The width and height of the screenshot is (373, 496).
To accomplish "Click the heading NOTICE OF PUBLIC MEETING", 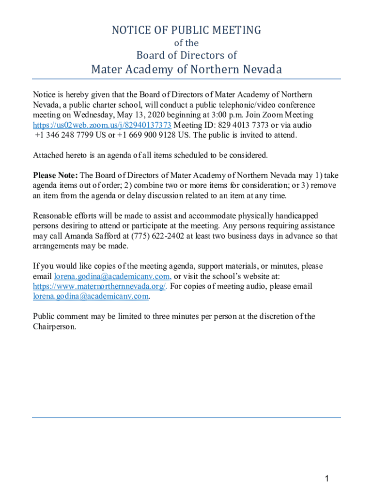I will pos(186,31).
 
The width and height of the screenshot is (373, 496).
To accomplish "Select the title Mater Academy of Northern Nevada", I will pos(186,70).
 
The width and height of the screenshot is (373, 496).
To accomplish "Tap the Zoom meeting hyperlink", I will pos(102,125).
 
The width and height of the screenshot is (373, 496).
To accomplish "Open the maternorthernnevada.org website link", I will pos(100,286).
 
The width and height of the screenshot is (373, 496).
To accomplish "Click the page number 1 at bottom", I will pos(327,479).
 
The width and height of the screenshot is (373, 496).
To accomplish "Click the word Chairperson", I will pos(54,327).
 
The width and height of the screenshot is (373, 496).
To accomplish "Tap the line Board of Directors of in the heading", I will pos(186,55).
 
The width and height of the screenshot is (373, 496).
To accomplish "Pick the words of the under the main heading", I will pos(186,43).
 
